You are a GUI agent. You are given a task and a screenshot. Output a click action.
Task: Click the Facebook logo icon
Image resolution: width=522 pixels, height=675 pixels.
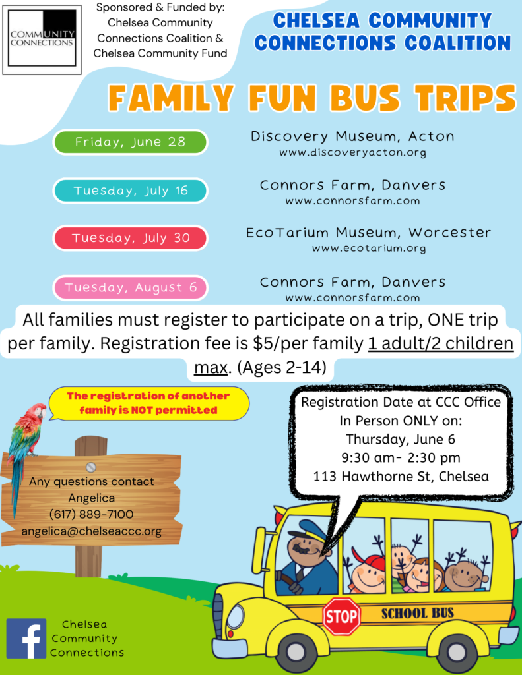[x=26, y=638]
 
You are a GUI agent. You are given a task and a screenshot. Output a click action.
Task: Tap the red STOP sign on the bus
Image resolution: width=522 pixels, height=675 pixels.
[x=342, y=616]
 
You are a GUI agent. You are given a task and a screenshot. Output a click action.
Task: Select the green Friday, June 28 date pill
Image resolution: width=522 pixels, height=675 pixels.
[x=130, y=142]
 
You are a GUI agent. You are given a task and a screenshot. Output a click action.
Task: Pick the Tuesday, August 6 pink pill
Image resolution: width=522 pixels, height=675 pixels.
[x=130, y=287]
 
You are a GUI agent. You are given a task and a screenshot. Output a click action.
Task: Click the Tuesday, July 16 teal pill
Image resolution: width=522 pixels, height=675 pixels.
[x=130, y=191]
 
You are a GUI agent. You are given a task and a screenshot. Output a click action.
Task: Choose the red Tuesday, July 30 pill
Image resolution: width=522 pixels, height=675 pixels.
[x=130, y=238]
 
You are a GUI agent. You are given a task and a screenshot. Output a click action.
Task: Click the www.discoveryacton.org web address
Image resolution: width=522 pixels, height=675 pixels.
[x=352, y=152]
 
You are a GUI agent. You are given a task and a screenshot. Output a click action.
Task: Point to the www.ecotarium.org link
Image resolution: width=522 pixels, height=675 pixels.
[x=369, y=249]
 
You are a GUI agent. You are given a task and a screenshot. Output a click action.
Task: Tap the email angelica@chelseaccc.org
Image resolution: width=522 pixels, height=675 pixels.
[x=91, y=531]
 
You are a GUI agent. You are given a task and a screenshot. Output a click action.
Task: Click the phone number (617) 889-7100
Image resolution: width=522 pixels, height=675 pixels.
[x=91, y=514]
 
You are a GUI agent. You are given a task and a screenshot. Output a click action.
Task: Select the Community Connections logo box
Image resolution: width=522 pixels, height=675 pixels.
[x=42, y=40]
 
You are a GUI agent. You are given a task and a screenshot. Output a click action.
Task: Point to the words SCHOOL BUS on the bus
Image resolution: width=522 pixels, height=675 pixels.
[x=417, y=613]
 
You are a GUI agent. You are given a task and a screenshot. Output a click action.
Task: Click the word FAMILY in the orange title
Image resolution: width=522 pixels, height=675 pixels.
[x=171, y=98]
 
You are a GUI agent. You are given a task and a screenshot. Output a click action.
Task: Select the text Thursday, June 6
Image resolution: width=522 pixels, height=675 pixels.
[x=401, y=439]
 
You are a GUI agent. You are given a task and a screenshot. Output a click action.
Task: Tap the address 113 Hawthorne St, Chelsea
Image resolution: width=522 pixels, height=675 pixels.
[x=401, y=477]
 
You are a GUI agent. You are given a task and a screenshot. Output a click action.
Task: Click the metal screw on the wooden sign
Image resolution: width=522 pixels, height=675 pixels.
[x=91, y=467]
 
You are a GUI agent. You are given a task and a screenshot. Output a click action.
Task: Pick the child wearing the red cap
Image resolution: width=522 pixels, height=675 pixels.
[x=368, y=573]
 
